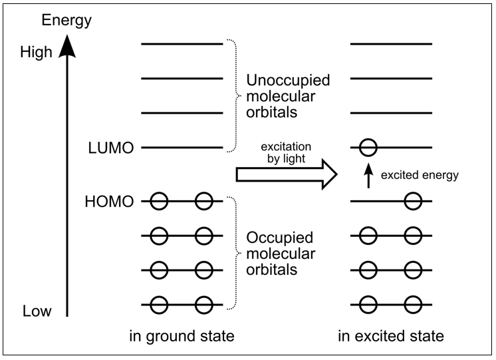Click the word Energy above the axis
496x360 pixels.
(x=66, y=20)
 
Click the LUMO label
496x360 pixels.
(x=111, y=148)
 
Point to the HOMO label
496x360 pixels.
(x=110, y=200)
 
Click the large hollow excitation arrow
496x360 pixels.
(x=287, y=174)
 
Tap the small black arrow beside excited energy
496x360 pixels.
(x=365, y=176)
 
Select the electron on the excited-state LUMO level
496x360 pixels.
(x=369, y=147)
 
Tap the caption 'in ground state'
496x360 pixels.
(x=182, y=336)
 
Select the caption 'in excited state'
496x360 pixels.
(x=392, y=336)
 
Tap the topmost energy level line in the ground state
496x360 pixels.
(x=182, y=44)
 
